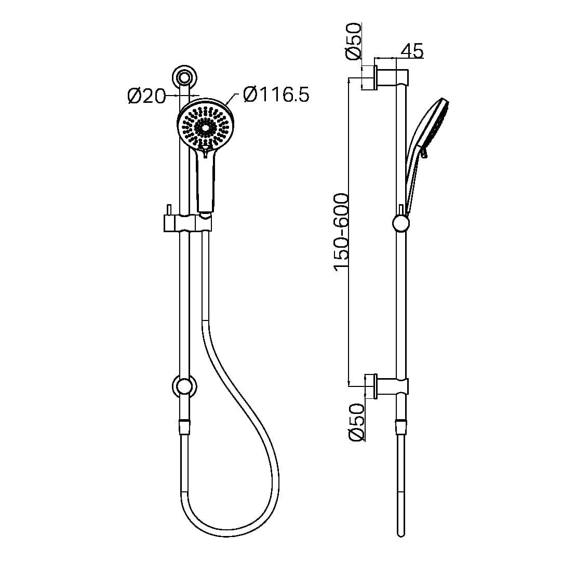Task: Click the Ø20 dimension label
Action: pyautogui.click(x=146, y=96)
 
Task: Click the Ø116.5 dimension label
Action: pyautogui.click(x=275, y=95)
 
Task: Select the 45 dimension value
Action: pyautogui.click(x=412, y=50)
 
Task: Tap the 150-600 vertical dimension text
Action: pyautogui.click(x=341, y=232)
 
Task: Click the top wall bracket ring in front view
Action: pyautogui.click(x=184, y=78)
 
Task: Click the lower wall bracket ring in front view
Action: pyautogui.click(x=184, y=387)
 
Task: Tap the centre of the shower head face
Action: pyautogui.click(x=205, y=127)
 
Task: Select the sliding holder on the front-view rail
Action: pyautogui.click(x=188, y=223)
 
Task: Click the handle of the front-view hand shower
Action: pyautogui.click(x=206, y=179)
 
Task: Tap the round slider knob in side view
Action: pyautogui.click(x=400, y=224)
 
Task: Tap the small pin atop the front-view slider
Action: pyautogui.click(x=168, y=209)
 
